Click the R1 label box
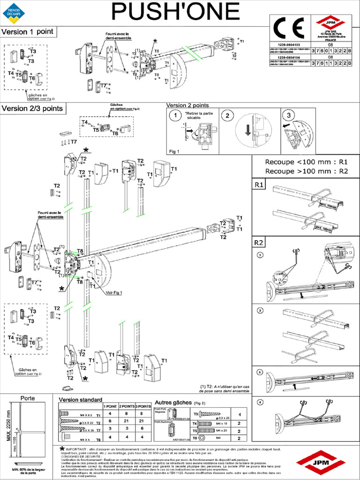point(259,185)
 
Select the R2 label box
point(259,243)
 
